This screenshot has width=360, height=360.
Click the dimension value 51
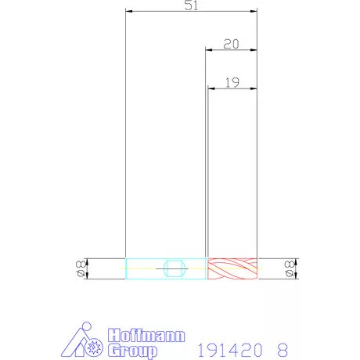tap(191, 5)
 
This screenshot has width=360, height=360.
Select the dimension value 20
tap(231, 44)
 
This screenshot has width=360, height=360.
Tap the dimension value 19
tap(232, 83)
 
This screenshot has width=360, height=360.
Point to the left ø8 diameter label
tap(80, 268)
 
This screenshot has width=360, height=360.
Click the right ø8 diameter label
tap(289, 268)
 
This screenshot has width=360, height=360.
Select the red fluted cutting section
tap(232, 268)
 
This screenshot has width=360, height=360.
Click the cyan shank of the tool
tap(166, 268)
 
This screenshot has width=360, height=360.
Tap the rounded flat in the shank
tap(175, 268)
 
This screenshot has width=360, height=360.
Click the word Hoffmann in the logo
tap(146, 335)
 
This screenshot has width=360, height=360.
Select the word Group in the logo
tap(132, 351)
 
